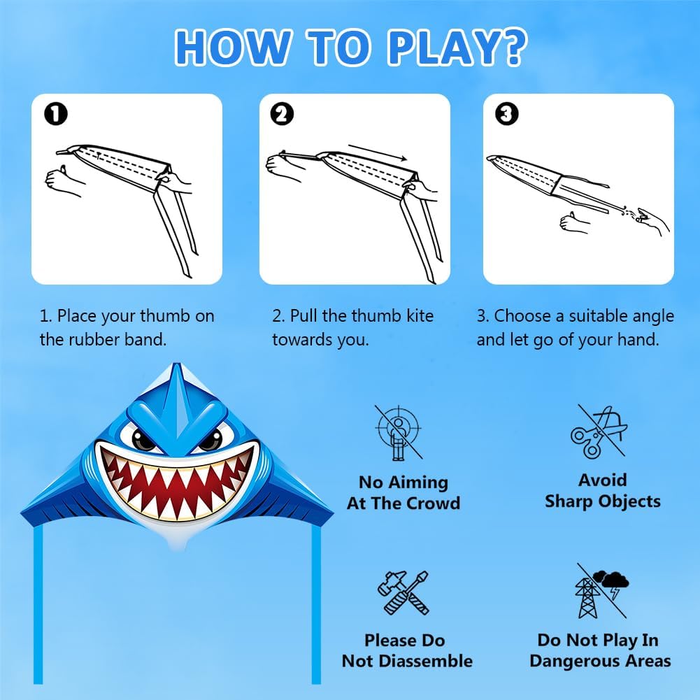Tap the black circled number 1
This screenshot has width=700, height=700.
56,114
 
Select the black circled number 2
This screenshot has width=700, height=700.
282,114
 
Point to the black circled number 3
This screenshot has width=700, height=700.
507,114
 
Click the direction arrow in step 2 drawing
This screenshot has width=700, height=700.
378,152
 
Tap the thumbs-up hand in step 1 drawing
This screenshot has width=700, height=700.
62,180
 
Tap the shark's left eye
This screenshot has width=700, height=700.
143,439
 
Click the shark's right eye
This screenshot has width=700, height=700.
210,439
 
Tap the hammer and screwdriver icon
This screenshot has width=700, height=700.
403,593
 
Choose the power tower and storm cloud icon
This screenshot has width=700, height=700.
602,591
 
